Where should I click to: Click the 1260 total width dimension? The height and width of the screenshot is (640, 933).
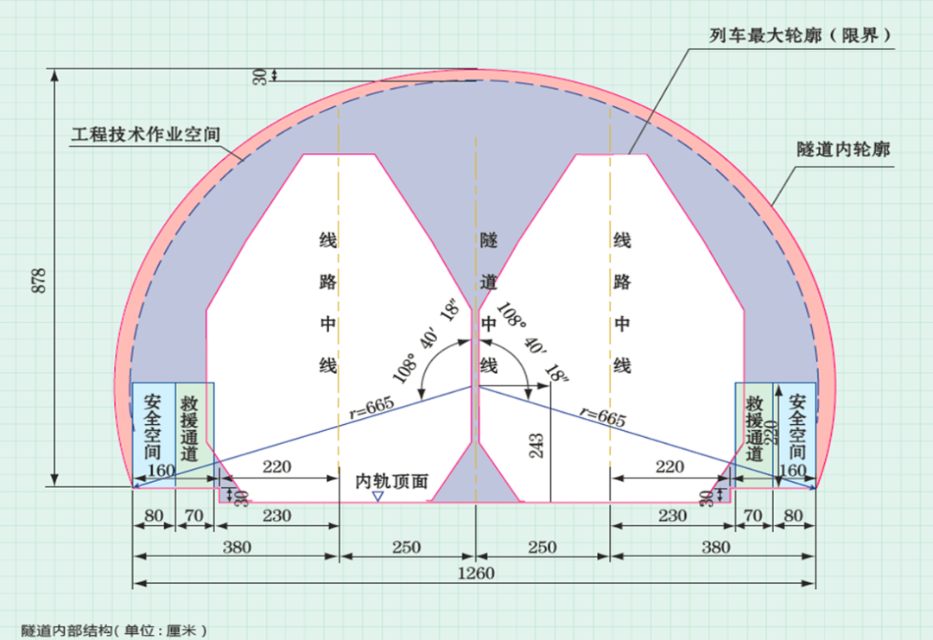pos(475,574)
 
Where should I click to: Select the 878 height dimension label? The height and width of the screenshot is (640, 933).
pos(38,281)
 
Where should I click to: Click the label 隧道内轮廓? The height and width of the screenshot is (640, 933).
pos(842,149)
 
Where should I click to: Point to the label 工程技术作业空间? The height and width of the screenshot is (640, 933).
pos(147,136)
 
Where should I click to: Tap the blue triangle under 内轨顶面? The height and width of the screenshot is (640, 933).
pos(378,497)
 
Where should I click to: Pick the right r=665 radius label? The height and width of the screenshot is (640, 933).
pos(600,416)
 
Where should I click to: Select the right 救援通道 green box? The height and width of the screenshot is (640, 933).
pos(753,429)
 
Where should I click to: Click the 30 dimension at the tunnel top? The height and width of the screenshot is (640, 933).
pos(259,76)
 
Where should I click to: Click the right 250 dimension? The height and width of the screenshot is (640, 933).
pos(543,547)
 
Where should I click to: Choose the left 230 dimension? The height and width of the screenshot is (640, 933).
pos(276,516)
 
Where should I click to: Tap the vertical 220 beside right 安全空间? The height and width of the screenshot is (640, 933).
pos(774,426)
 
